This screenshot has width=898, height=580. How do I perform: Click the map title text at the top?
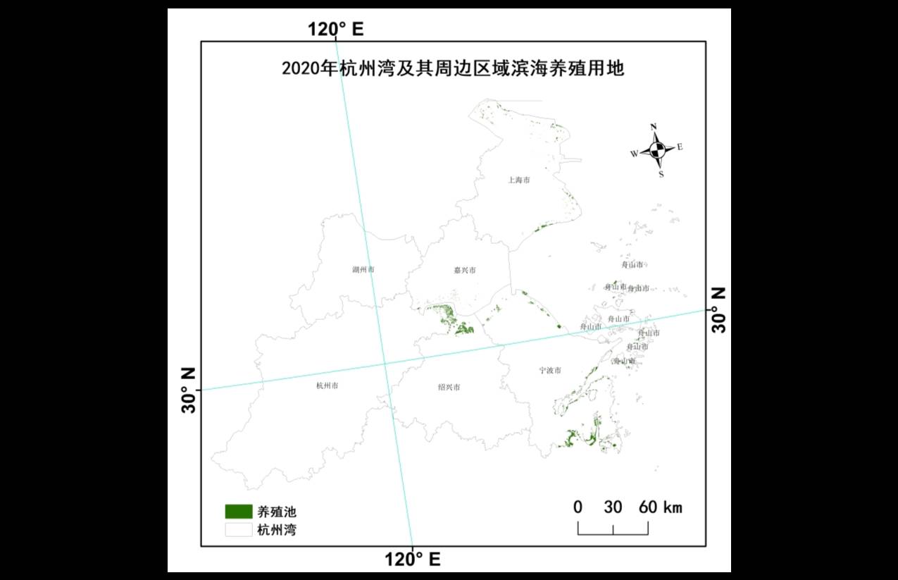tap(453, 69)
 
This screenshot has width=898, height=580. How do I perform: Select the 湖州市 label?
tap(363, 270)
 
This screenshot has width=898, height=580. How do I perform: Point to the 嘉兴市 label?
tap(465, 270)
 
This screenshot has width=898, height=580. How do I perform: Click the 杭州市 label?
tap(328, 385)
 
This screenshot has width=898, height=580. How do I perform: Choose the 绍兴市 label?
tap(449, 387)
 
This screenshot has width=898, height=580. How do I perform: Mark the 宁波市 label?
tap(550, 370)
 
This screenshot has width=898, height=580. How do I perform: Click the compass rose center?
tap(657, 149)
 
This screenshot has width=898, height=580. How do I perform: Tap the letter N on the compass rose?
tap(654, 128)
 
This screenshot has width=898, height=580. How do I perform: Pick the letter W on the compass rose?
tap(634, 153)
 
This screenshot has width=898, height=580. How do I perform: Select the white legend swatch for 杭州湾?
tap(239, 529)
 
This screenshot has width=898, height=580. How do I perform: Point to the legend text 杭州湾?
tap(277, 530)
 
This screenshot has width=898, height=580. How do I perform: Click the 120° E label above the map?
tap(335, 29)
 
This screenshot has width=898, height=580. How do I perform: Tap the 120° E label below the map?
tap(413, 560)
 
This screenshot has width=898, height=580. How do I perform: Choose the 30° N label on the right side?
tap(718, 310)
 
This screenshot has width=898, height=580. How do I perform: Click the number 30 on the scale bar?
tap(613, 507)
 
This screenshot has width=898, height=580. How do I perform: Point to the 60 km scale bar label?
tap(661, 507)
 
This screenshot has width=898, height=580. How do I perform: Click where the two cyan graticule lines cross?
tap(385, 364)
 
